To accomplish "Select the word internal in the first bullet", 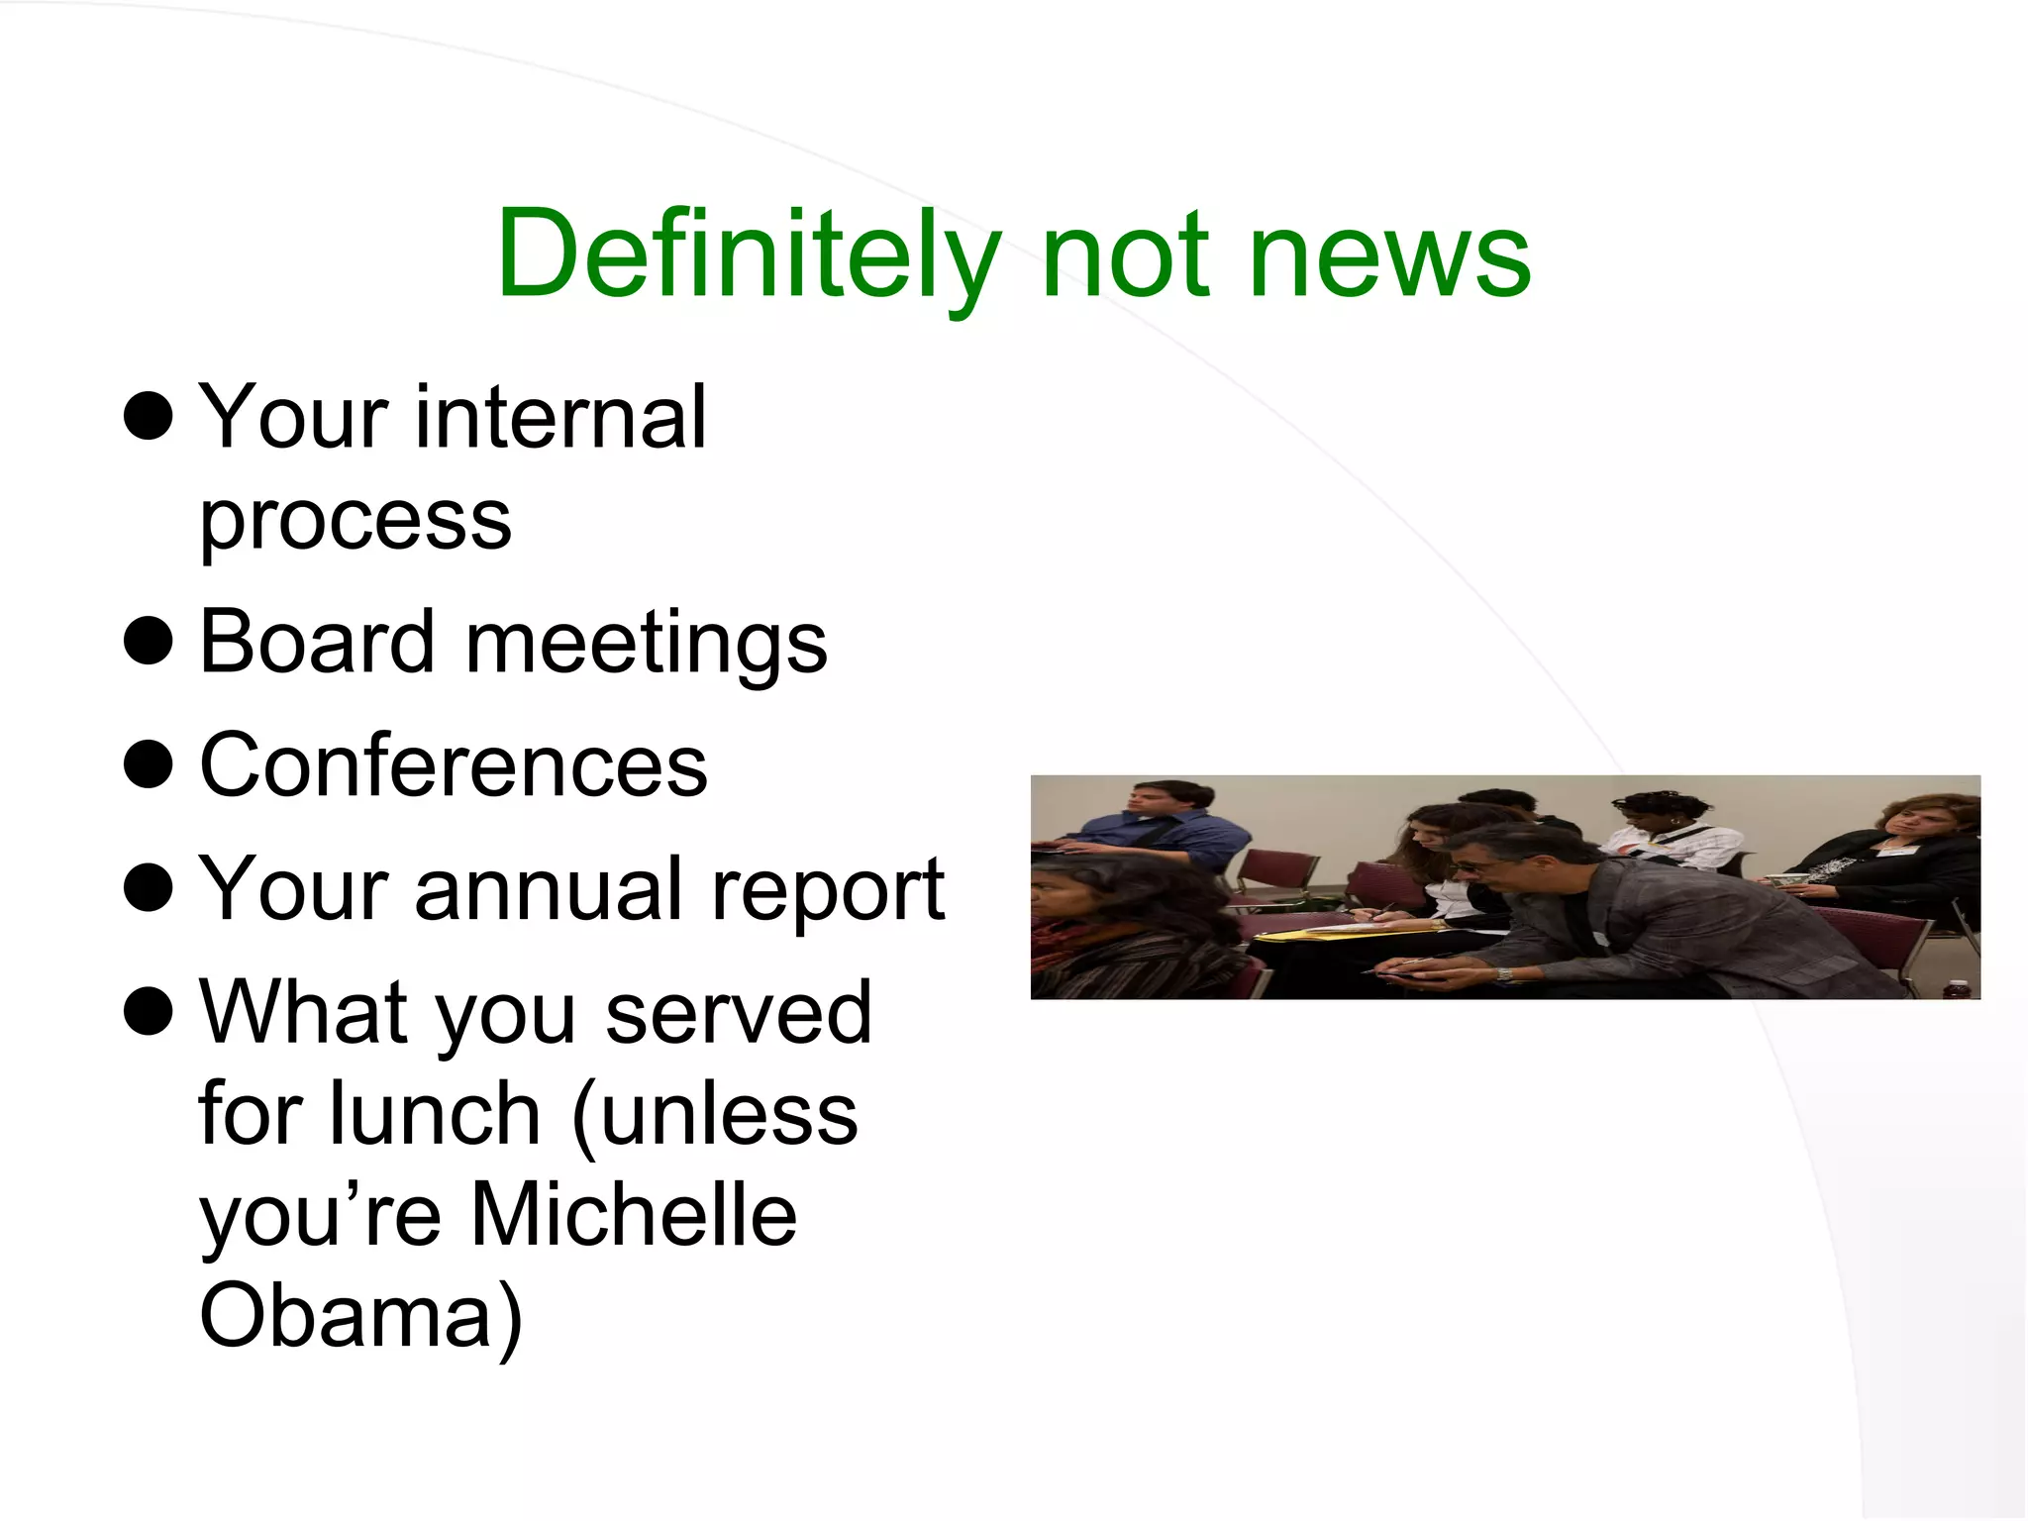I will [x=560, y=418].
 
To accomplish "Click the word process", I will [x=355, y=522].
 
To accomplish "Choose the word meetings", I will [x=646, y=646].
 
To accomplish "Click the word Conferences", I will [x=454, y=765].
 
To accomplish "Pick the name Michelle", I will [x=634, y=1215].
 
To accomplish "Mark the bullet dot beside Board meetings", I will [x=149, y=642].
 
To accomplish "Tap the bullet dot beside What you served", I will [x=149, y=1012].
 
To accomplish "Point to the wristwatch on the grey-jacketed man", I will [x=1505, y=974].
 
